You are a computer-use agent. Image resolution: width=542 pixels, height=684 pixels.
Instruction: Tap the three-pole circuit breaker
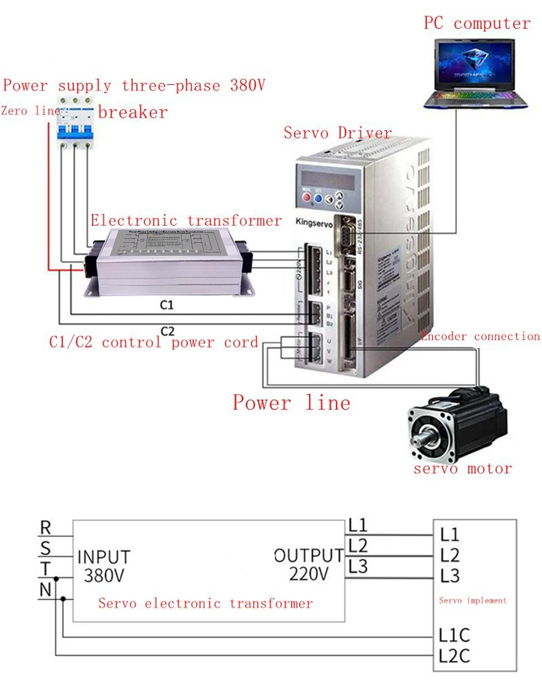coord(75,120)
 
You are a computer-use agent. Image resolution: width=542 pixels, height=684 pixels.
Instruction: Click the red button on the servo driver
coord(306,198)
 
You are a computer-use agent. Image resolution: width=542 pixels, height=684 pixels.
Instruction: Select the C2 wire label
coord(167,331)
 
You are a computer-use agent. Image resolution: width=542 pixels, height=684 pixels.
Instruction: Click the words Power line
coord(291,403)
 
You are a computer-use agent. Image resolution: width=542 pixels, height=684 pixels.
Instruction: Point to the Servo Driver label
coord(338,133)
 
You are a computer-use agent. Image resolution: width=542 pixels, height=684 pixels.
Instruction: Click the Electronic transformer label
coord(186,221)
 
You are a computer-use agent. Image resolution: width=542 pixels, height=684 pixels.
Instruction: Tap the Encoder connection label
coord(480,336)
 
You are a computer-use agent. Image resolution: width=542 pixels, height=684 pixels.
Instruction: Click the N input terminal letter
coord(46,590)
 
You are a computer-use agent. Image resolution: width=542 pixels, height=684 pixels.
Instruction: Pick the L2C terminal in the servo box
coord(455,656)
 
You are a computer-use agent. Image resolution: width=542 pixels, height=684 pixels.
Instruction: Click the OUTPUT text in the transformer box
coord(309,555)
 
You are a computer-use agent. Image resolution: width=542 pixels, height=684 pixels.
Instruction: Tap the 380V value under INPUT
coord(104,575)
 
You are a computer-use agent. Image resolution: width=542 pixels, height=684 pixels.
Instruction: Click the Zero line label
coord(30,111)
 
